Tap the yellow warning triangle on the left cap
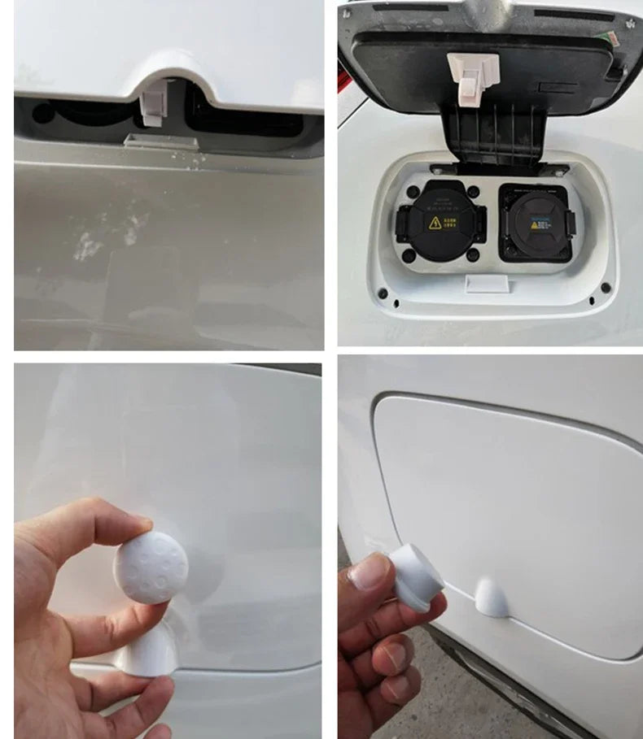coord(435,222)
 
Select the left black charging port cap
coord(440,220)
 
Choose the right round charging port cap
coord(536,223)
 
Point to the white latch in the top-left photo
coord(152,104)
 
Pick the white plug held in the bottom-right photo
coord(415,576)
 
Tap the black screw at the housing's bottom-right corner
coord(605,289)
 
